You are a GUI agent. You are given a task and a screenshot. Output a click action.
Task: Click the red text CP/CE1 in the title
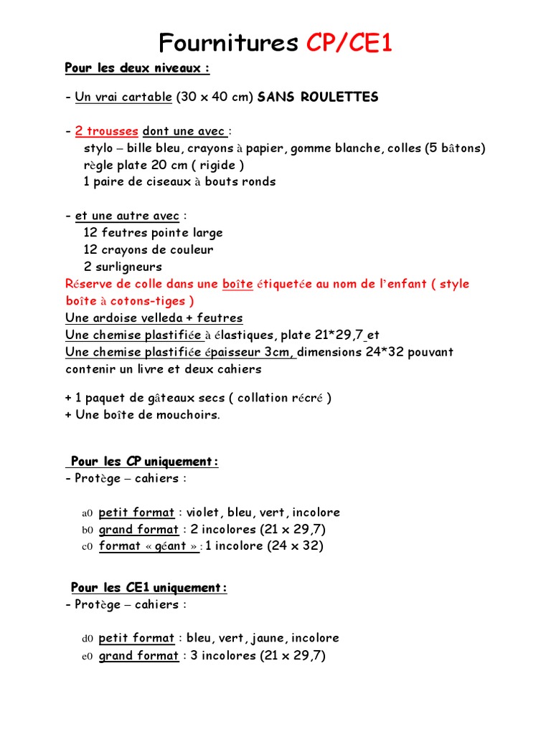349,44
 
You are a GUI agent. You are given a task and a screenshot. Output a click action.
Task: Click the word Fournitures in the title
228,44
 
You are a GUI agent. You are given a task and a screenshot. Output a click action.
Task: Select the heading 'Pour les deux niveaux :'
137,68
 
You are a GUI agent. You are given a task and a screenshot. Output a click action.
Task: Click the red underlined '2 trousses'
106,131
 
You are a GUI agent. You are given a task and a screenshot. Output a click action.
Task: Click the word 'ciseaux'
166,182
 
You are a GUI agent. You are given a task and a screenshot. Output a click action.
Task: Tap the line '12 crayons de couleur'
149,249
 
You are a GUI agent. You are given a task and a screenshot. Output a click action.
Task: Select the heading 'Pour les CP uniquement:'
144,462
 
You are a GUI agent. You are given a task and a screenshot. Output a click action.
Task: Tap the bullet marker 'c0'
88,547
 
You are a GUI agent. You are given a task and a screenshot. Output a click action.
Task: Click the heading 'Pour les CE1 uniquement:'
149,588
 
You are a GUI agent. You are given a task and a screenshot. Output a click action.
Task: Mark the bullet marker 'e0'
88,656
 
